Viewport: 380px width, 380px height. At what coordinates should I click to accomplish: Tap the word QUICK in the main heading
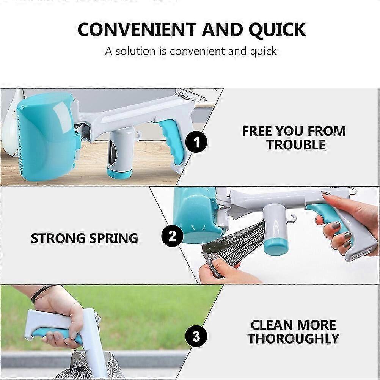[x=277, y=30]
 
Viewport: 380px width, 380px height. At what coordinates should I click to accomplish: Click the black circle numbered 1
[x=196, y=142]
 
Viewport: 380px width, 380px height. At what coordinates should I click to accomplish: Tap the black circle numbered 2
[x=172, y=236]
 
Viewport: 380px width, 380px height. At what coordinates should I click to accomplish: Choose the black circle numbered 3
[x=196, y=336]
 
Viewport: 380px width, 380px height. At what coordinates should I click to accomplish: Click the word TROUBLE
[x=296, y=145]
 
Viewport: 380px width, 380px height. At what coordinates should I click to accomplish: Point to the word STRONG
[x=58, y=238]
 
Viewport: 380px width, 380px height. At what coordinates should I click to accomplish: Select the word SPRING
[x=114, y=238]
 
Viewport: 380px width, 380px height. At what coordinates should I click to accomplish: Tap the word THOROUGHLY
[x=293, y=338]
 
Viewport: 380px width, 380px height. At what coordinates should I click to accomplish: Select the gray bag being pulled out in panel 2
[x=232, y=247]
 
